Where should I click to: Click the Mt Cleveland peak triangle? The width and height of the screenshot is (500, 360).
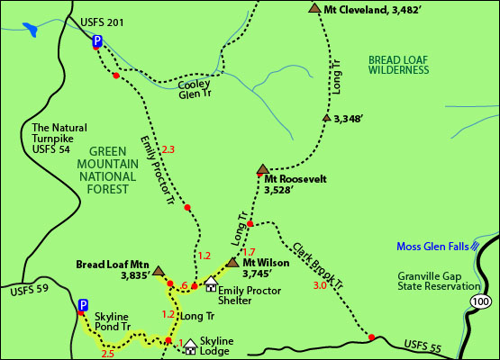(x=314, y=8)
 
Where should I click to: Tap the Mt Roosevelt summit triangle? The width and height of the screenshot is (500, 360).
(x=262, y=168)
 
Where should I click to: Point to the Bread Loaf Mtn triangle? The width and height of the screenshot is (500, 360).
(x=159, y=270)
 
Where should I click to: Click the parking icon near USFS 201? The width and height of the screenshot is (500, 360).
(x=96, y=40)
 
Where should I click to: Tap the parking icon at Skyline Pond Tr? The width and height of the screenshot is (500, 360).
(x=82, y=305)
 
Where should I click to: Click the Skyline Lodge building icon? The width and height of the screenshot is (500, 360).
(x=190, y=344)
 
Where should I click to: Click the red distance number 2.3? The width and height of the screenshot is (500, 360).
(x=167, y=148)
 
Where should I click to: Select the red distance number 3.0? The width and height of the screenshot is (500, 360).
(x=320, y=286)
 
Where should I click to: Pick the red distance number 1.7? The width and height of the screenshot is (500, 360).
(x=250, y=251)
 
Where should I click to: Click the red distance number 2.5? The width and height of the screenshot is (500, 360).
(x=108, y=354)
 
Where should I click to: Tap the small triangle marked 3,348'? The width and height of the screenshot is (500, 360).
(x=326, y=117)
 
